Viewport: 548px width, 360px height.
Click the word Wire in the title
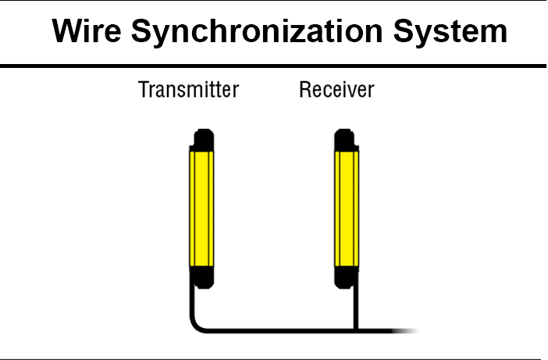87,30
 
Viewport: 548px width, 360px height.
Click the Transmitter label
189,90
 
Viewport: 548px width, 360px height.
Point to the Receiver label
337,90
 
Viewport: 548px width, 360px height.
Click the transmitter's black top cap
204,140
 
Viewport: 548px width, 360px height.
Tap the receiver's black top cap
345,140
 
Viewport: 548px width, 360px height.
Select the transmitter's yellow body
201,209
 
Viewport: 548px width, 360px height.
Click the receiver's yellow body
347,209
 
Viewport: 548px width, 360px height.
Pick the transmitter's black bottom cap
203,277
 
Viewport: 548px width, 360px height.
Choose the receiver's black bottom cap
346,277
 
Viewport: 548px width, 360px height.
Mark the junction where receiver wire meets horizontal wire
356,330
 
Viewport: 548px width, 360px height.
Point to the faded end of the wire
405,330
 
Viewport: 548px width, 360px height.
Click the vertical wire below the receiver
356,308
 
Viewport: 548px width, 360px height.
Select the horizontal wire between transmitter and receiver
279,330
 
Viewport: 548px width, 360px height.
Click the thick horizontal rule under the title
273,66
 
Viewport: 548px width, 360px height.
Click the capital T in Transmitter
144,90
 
